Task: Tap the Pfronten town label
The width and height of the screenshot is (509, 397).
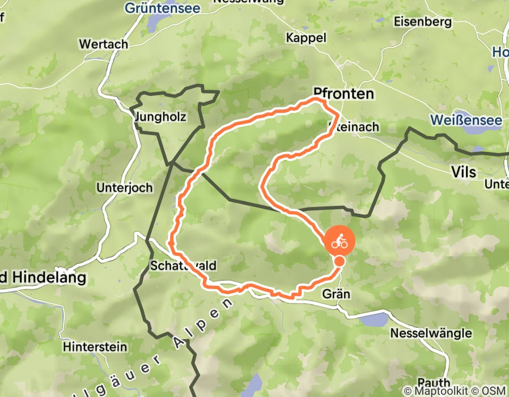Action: click(343, 94)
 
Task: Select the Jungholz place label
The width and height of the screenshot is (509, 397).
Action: click(162, 117)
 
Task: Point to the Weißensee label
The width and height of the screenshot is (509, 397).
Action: click(466, 120)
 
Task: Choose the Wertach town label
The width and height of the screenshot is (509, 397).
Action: click(104, 44)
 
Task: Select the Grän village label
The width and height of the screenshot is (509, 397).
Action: click(337, 294)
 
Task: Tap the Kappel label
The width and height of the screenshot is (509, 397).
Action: click(306, 38)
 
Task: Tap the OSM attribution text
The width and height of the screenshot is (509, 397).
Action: click(494, 391)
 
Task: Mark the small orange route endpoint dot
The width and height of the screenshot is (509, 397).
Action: click(339, 261)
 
